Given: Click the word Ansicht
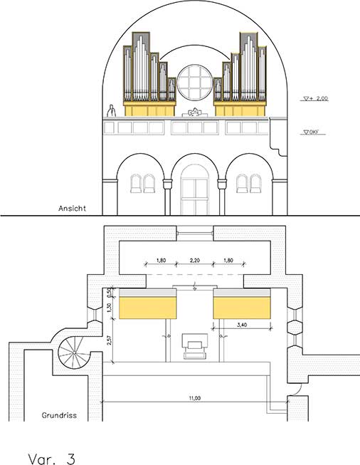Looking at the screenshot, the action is tap(72, 208).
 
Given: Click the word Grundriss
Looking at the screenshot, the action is tap(59, 415).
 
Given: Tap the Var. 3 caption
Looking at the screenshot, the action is tap(51, 458).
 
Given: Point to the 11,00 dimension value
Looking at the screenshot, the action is tap(195, 398).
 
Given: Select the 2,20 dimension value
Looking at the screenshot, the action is tap(195, 261).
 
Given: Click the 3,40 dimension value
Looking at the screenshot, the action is tap(242, 325).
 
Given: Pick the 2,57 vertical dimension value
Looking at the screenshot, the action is tap(110, 340).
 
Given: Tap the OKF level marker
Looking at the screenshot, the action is tap(310, 132).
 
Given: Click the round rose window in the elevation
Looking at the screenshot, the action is tap(195, 82).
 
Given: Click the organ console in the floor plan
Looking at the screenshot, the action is tap(195, 346).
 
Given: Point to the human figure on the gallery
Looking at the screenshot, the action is tap(111, 110).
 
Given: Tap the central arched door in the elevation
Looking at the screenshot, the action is tap(195, 190).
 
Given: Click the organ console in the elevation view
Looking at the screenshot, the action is tap(195, 112).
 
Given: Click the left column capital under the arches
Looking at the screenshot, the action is tap(167, 184).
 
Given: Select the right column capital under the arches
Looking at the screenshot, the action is tap(222, 184).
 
